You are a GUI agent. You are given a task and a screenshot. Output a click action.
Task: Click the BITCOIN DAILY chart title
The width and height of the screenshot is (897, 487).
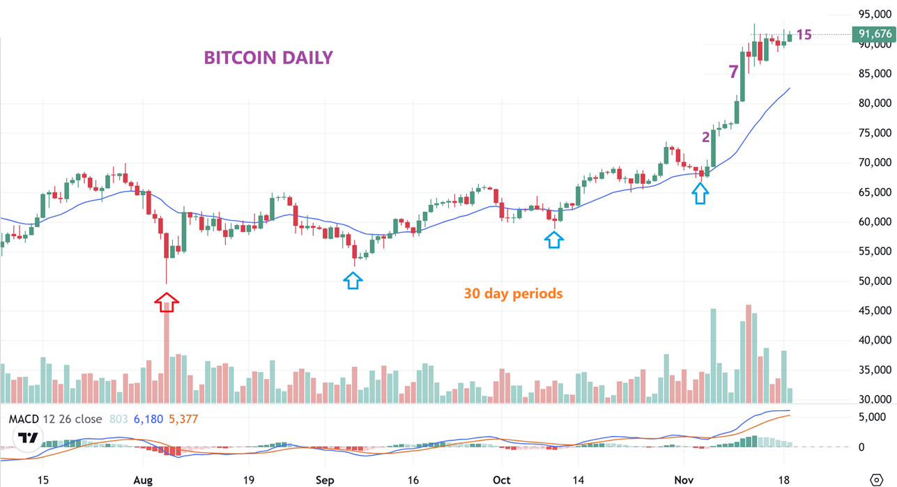(268, 57)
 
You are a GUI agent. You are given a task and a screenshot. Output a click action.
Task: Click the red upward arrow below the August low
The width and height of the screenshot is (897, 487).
(167, 302)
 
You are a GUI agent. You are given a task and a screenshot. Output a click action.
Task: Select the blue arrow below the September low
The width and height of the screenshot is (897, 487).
(353, 281)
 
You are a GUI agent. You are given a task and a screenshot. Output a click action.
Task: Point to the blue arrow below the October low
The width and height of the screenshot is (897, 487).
(553, 240)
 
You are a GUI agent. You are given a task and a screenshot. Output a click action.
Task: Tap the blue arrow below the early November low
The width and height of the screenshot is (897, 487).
(700, 194)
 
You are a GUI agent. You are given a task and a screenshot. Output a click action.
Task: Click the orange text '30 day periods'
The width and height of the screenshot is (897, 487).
(513, 294)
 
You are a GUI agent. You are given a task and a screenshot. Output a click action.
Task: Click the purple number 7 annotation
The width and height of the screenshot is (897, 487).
(733, 72)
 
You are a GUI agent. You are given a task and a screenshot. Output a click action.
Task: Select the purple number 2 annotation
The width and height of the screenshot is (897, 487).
(705, 137)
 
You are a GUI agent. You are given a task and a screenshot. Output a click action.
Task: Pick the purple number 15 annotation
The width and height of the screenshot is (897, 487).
(804, 35)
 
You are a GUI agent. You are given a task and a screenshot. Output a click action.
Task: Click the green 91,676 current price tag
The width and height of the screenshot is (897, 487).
(873, 34)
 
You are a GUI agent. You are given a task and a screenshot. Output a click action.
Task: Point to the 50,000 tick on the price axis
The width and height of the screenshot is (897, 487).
(875, 281)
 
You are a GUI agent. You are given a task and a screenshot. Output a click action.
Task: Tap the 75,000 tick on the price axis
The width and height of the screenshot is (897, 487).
(875, 133)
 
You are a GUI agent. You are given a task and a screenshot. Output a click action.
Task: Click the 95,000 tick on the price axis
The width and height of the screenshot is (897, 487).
(875, 14)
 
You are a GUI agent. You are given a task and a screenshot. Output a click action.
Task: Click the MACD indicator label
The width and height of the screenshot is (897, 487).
(23, 419)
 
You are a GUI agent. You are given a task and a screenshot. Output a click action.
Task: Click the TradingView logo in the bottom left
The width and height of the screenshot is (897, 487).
(28, 438)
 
